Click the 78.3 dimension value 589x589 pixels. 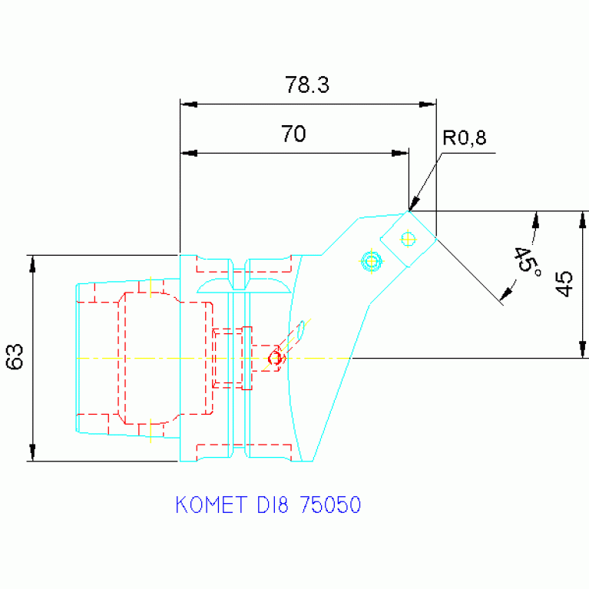coord(307,84)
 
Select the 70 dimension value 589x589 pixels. coord(293,134)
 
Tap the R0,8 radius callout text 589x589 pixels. coord(464,138)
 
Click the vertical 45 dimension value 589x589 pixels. coord(564,284)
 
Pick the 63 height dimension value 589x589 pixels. coord(15,357)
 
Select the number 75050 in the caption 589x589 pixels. coord(330,505)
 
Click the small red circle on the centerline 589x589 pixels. coord(275,358)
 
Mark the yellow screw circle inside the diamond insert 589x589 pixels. coord(408,239)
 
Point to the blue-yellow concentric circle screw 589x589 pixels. coord(371,261)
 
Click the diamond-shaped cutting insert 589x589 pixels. coord(408,239)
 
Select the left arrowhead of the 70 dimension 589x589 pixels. coord(188,153)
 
